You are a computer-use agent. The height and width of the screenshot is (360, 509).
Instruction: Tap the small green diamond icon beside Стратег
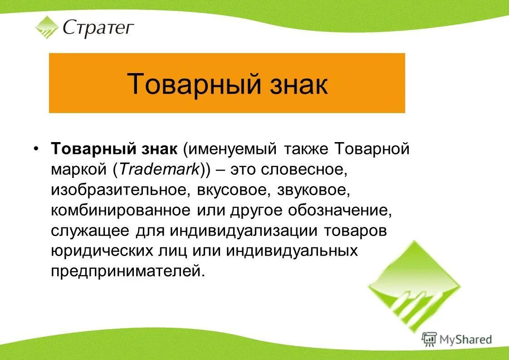pyautogui.click(x=47, y=27)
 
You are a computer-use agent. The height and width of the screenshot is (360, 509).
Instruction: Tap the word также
pyautogui.click(x=306, y=149)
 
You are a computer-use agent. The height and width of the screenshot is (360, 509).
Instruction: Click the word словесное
pyautogui.click(x=308, y=169)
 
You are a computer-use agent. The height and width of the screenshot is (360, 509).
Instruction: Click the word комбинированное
pyautogui.click(x=120, y=210)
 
